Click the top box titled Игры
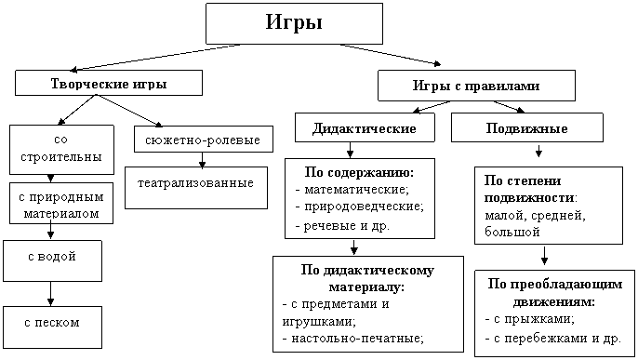(x=294, y=23)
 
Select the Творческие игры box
(x=109, y=83)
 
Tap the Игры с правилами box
(x=476, y=86)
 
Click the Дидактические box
(x=365, y=127)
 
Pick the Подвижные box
(x=527, y=127)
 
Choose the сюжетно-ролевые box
(x=204, y=140)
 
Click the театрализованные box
(x=196, y=188)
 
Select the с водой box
(x=52, y=260)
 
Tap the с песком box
(x=52, y=327)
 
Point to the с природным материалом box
(x=61, y=204)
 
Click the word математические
(x=357, y=190)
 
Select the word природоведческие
(x=365, y=207)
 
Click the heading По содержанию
(x=359, y=172)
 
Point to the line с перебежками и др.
(x=553, y=338)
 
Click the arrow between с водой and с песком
(x=50, y=294)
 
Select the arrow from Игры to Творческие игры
(x=155, y=58)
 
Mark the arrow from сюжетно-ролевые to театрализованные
(x=202, y=160)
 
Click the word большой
(x=512, y=232)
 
